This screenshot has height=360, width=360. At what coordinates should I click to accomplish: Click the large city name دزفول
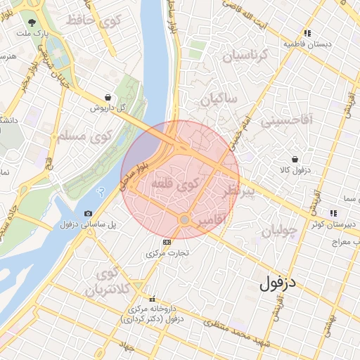click(279, 283)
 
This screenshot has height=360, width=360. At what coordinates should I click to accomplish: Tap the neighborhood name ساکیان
click(219, 99)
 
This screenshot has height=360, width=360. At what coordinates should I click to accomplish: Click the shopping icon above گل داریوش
click(107, 98)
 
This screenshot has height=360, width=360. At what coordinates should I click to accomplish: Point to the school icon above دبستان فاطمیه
click(307, 33)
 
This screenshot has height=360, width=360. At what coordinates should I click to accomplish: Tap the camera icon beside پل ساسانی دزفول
click(88, 213)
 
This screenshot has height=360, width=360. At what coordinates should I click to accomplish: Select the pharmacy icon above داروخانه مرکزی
click(153, 299)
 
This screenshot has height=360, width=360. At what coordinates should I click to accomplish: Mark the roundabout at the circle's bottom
click(184, 220)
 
